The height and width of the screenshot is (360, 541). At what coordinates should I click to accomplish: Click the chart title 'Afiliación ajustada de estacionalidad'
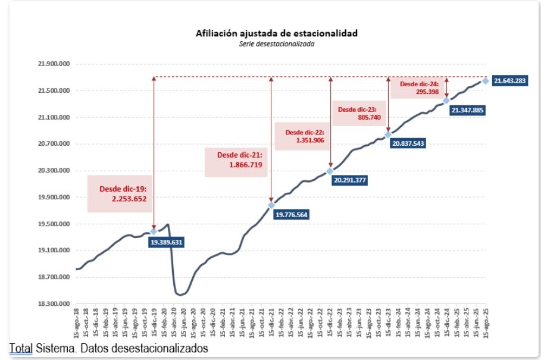tap(277, 33)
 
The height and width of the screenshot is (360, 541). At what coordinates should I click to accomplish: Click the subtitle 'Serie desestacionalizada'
tap(277, 44)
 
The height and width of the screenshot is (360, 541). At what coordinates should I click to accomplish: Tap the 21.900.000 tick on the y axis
tap(54, 64)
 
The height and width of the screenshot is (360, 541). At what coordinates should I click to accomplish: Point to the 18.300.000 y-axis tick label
tap(54, 304)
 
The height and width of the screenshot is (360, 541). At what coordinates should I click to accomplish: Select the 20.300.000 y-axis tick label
tap(54, 171)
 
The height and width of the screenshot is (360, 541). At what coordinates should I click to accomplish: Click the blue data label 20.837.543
tap(408, 143)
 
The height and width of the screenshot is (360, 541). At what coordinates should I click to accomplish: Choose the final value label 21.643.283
tap(509, 81)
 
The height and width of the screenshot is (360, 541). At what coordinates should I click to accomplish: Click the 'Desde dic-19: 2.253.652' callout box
tap(120, 194)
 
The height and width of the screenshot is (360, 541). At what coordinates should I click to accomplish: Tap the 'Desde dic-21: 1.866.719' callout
tap(236, 159)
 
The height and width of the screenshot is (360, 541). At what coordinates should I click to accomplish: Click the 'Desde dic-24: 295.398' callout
tap(418, 88)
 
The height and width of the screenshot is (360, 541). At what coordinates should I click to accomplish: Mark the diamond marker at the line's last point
tap(486, 81)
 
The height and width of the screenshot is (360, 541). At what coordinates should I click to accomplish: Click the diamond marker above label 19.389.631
tap(154, 231)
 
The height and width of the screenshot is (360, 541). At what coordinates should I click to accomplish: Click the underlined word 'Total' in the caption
tap(20, 349)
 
